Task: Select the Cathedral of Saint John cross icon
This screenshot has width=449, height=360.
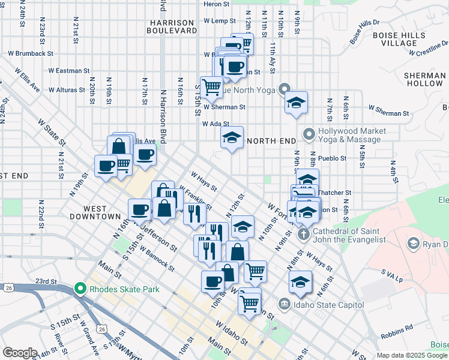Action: [x=304, y=233]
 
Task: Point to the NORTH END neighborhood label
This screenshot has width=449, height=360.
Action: [x=271, y=141]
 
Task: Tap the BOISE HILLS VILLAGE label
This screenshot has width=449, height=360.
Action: [x=399, y=40]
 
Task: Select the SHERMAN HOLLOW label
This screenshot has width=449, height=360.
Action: [x=424, y=80]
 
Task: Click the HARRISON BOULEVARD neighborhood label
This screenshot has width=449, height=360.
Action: [x=172, y=26]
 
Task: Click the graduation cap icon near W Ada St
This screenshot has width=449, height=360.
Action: [x=232, y=137]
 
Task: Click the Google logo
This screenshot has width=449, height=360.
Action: [x=20, y=353]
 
